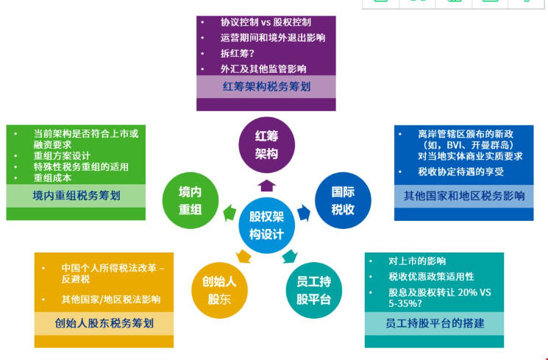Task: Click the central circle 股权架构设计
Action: click(266, 225)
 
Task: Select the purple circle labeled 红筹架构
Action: click(266, 144)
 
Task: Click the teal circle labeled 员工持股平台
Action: click(314, 289)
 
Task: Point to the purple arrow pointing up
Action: click(267, 185)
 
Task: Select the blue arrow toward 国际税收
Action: click(305, 213)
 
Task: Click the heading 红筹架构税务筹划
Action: click(266, 87)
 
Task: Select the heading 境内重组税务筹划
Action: click(76, 196)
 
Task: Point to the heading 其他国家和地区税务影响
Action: click(464, 196)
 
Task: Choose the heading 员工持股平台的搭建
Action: click(435, 322)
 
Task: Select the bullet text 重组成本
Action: click(53, 177)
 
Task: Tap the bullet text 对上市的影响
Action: click(417, 261)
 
